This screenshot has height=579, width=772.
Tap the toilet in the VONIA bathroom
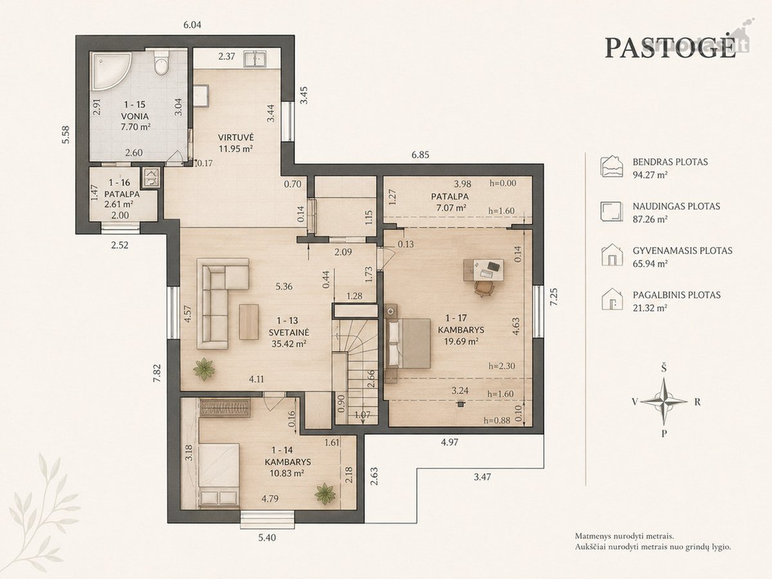tap(161, 62)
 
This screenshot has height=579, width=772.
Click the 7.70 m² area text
tap(136, 127)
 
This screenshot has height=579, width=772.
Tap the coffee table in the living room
tap(249, 322)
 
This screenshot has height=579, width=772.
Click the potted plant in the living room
tap(204, 369)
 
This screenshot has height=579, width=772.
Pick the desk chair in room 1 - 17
tap(484, 288)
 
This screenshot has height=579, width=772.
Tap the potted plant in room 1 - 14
tap(325, 494)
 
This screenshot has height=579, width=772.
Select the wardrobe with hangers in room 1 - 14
tap(225, 408)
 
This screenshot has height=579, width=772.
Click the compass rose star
tap(664, 401)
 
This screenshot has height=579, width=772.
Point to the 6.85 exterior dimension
tap(420, 155)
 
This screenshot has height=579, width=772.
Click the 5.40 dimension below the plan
tap(267, 538)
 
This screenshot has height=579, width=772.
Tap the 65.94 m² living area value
tap(650, 264)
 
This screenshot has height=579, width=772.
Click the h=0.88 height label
tap(497, 421)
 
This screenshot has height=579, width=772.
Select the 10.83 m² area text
tap(287, 473)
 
